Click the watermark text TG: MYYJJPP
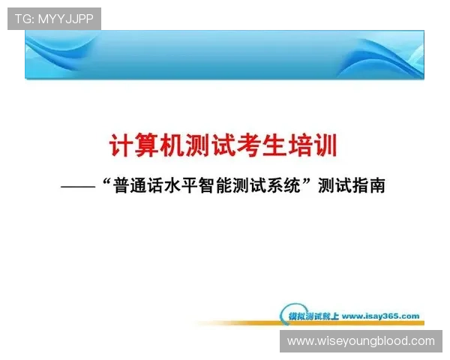point(54,19)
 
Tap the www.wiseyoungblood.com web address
point(361,341)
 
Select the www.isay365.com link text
point(380,316)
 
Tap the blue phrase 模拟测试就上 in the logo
point(313,316)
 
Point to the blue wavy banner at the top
point(225,54)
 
